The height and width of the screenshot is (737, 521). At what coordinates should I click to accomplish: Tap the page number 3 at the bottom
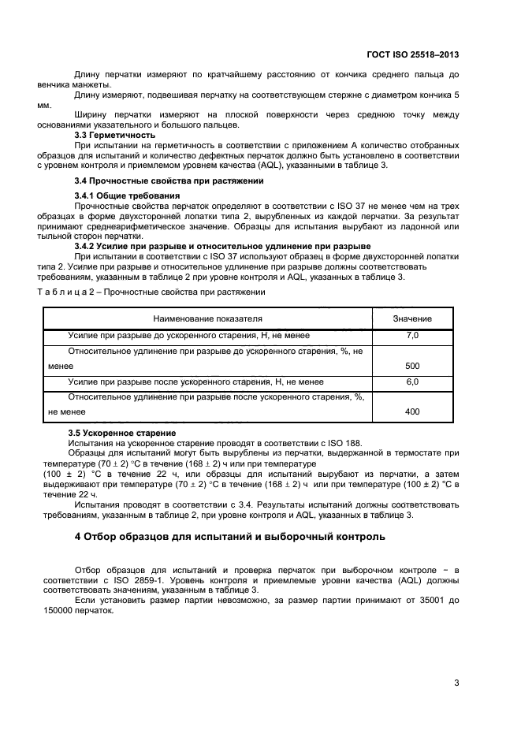pos(456,683)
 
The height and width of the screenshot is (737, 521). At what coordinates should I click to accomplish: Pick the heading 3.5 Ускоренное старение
pos(121,434)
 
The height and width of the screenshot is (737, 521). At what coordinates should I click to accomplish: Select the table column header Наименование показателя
pos(207,318)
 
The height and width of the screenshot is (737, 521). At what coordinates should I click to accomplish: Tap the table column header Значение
pos(412,318)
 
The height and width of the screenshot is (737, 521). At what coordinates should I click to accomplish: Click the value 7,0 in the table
pos(412,336)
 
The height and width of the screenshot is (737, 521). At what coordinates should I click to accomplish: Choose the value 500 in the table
pos(412,367)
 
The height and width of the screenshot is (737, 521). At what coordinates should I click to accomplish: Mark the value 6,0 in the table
pos(412,382)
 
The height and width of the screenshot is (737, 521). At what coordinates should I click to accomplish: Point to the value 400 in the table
pos(412,411)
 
